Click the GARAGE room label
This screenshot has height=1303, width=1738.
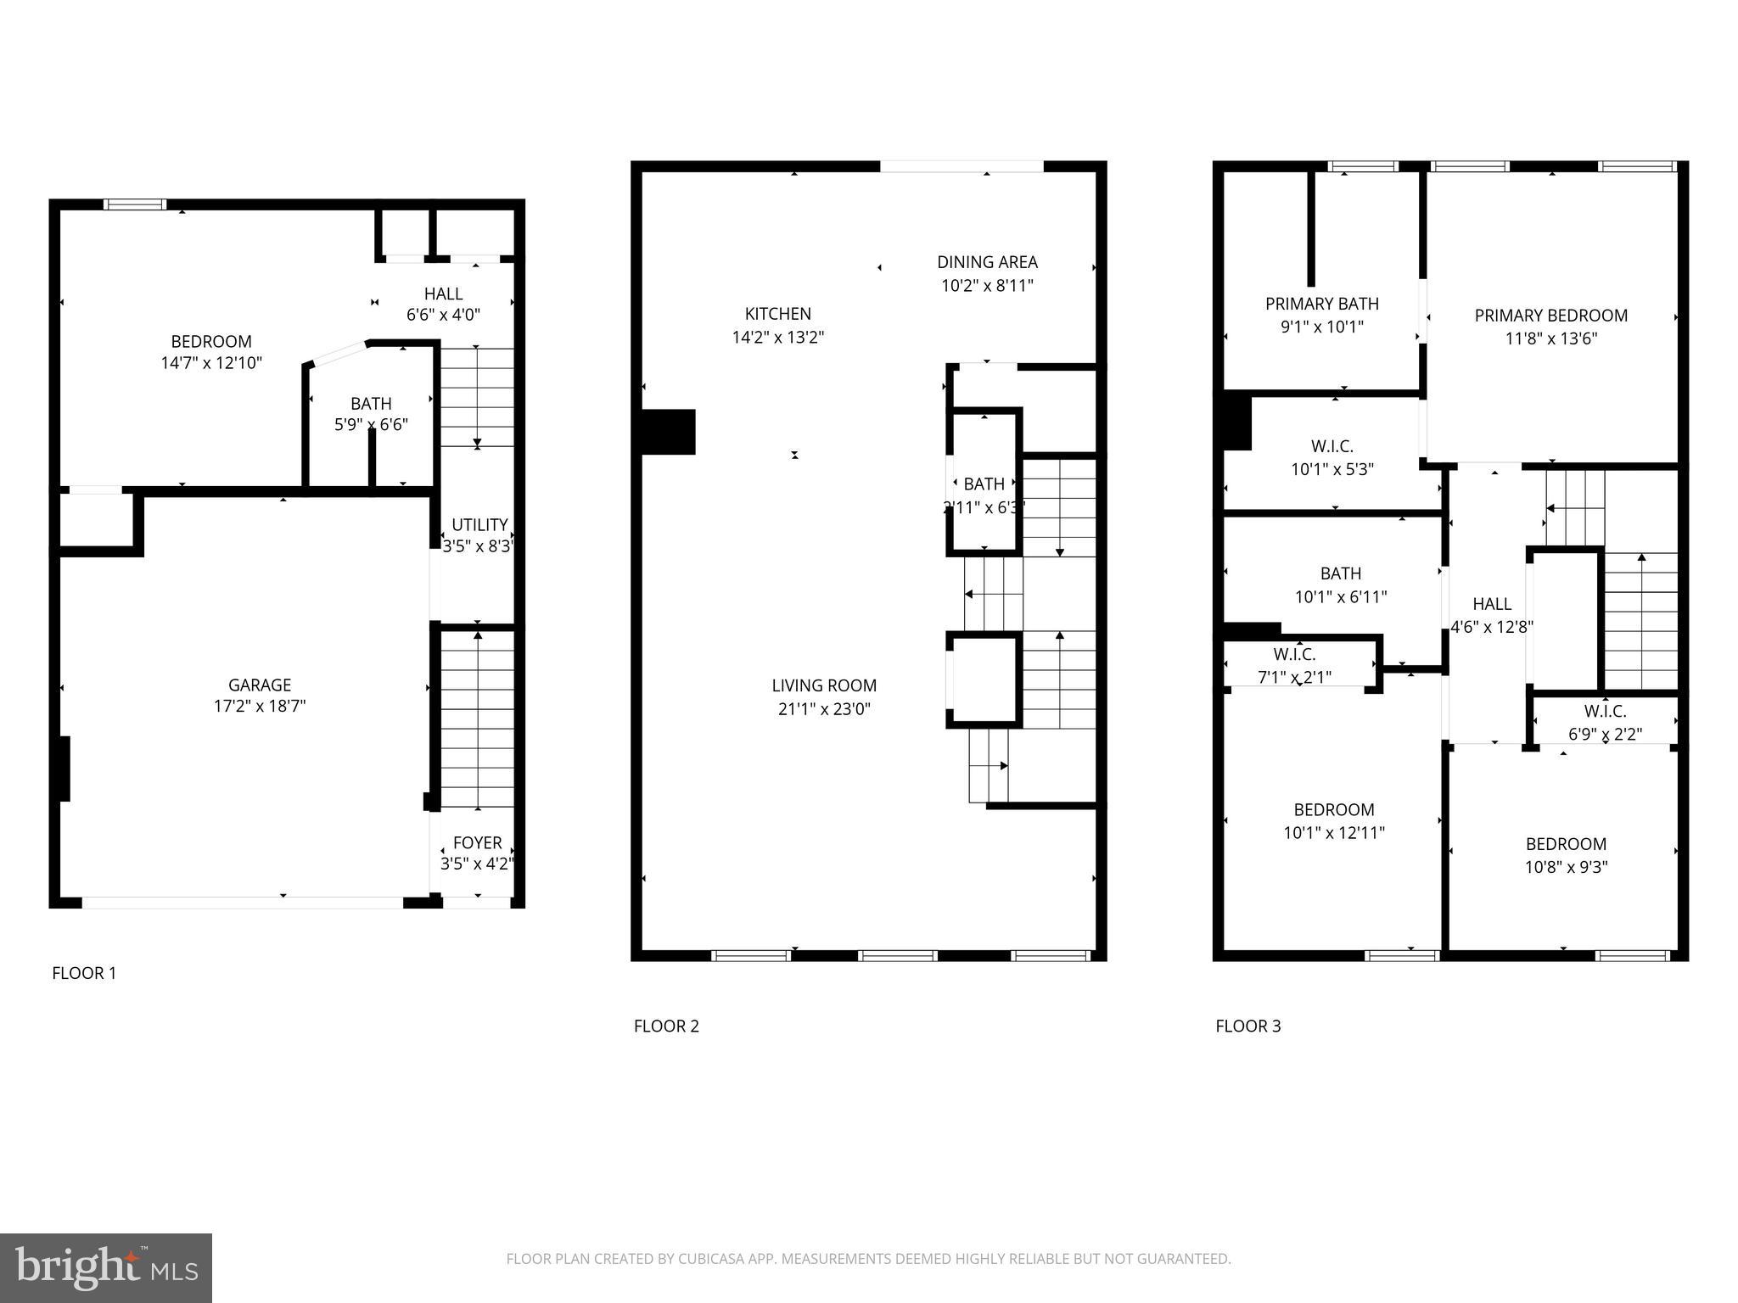pos(260,685)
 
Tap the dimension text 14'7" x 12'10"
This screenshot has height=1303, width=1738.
pos(211,363)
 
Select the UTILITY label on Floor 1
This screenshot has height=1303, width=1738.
pos(479,524)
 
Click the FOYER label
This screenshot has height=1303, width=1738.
pos(477,842)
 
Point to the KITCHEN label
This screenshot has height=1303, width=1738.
pos(777,314)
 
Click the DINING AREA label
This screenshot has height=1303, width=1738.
pos(987,262)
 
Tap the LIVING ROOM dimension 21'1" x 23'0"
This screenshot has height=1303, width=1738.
pos(824,709)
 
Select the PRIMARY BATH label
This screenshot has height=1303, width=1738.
pos(1321,304)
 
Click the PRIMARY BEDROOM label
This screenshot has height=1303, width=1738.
pos(1550,316)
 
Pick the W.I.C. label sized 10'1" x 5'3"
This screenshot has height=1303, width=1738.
pos(1332,446)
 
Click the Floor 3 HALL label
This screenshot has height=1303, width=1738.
pos(1491,604)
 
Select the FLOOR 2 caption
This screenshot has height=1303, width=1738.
pos(666,1026)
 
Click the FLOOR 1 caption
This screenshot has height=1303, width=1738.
pos(84,973)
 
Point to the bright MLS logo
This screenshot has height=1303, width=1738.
pos(106,1267)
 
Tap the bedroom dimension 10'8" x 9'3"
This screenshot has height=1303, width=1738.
pos(1566,867)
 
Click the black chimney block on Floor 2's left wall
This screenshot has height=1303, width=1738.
pos(668,432)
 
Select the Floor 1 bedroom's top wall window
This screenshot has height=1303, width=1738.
pos(135,204)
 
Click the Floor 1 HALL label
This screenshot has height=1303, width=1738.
pos(443,294)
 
